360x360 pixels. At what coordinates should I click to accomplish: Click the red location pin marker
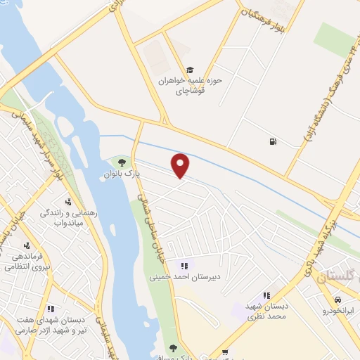pyautogui.click(x=181, y=165)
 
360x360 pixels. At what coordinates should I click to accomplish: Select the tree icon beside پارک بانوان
pyautogui.click(x=122, y=163)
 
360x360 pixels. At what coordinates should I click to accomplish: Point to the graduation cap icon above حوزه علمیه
pyautogui.click(x=189, y=70)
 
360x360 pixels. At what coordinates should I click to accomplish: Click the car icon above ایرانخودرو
pyautogui.click(x=339, y=300)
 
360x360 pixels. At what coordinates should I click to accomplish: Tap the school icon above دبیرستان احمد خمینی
pyautogui.click(x=184, y=266)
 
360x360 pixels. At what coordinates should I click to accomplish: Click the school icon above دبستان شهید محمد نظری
pyautogui.click(x=266, y=296)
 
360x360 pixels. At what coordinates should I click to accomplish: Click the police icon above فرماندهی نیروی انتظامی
pyautogui.click(x=27, y=246)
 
